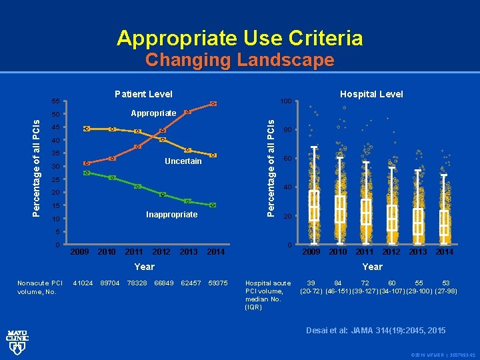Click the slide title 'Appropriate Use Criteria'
pyautogui.click(x=240, y=38)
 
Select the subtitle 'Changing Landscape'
pyautogui.click(x=240, y=60)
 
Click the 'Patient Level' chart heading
pyautogui.click(x=143, y=94)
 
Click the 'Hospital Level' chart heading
pyautogui.click(x=371, y=94)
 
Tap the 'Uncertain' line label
pyautogui.click(x=183, y=161)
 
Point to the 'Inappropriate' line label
pyautogui.click(x=171, y=215)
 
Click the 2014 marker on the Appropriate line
pyautogui.click(x=213, y=103)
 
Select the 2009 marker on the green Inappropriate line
pyautogui.click(x=87, y=173)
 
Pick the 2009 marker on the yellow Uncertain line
pyautogui.click(x=87, y=128)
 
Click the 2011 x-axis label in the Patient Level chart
pyautogui.click(x=134, y=252)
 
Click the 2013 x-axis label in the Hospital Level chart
pyautogui.click(x=418, y=252)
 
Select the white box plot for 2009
pyautogui.click(x=314, y=205)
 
